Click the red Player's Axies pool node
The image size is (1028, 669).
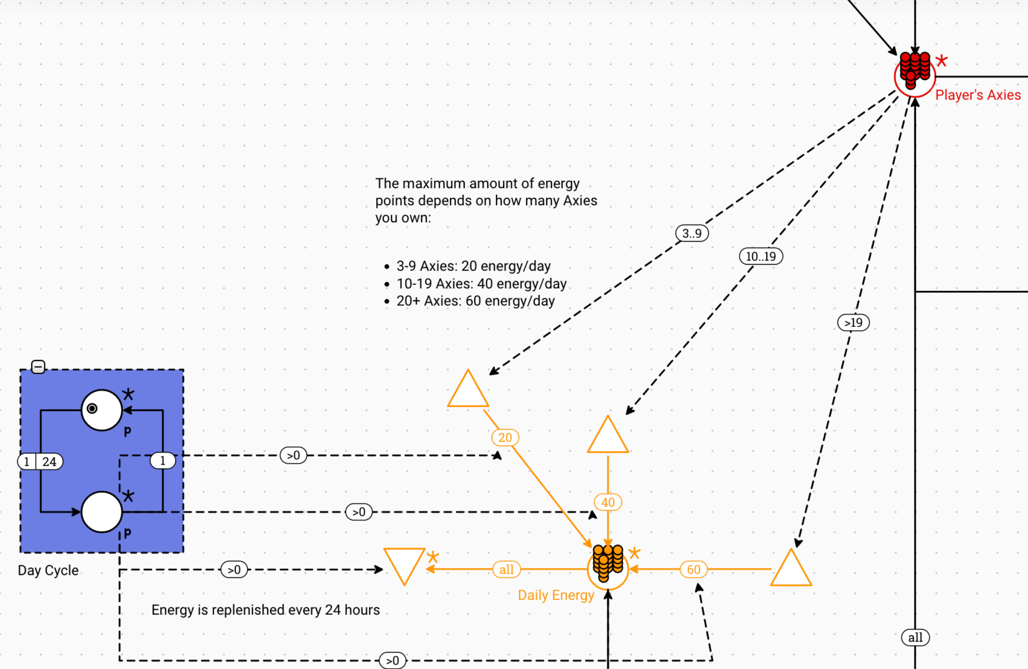pos(914,77)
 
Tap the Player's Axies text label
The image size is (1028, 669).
pos(978,95)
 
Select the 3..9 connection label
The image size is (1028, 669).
pos(692,233)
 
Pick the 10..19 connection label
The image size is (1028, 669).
pos(761,256)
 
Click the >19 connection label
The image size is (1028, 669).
pos(853,323)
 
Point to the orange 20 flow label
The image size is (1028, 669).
pos(505,437)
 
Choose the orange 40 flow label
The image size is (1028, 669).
pos(608,502)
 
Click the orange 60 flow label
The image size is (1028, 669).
pos(694,569)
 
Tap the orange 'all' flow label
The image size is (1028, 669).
pos(506,569)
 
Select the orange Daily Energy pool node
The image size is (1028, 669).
pos(608,569)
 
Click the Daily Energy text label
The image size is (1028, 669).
pos(556,595)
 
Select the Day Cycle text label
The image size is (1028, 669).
pos(48,570)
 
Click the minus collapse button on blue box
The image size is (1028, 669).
pos(38,367)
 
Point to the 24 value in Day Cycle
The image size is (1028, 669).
pos(49,462)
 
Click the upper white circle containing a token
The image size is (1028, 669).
pos(102,410)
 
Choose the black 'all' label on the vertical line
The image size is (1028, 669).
pos(915,638)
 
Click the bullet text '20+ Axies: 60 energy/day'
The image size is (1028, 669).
pos(475,300)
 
